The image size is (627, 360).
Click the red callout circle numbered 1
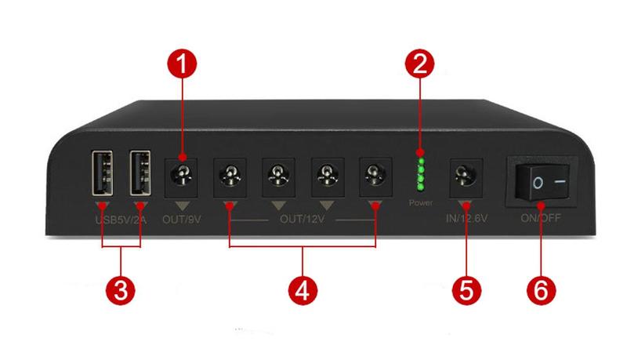click(182, 64)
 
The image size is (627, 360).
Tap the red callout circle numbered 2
click(419, 64)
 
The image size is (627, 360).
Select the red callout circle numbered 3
click(121, 290)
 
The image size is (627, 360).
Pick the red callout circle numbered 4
click(303, 290)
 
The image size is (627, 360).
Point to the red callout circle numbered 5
click(466, 290)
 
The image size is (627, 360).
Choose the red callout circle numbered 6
click(541, 290)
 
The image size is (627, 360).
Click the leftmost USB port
click(102, 173)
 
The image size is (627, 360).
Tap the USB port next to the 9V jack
click(140, 173)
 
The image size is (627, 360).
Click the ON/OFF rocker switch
click(542, 182)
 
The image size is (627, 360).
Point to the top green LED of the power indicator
click(420, 161)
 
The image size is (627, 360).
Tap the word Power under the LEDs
click(421, 203)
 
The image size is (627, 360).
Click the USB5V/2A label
click(121, 220)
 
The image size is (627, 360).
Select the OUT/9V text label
click(182, 219)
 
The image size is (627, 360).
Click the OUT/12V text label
click(302, 219)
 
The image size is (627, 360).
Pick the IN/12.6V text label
click(466, 218)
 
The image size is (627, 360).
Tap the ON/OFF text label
click(541, 218)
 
